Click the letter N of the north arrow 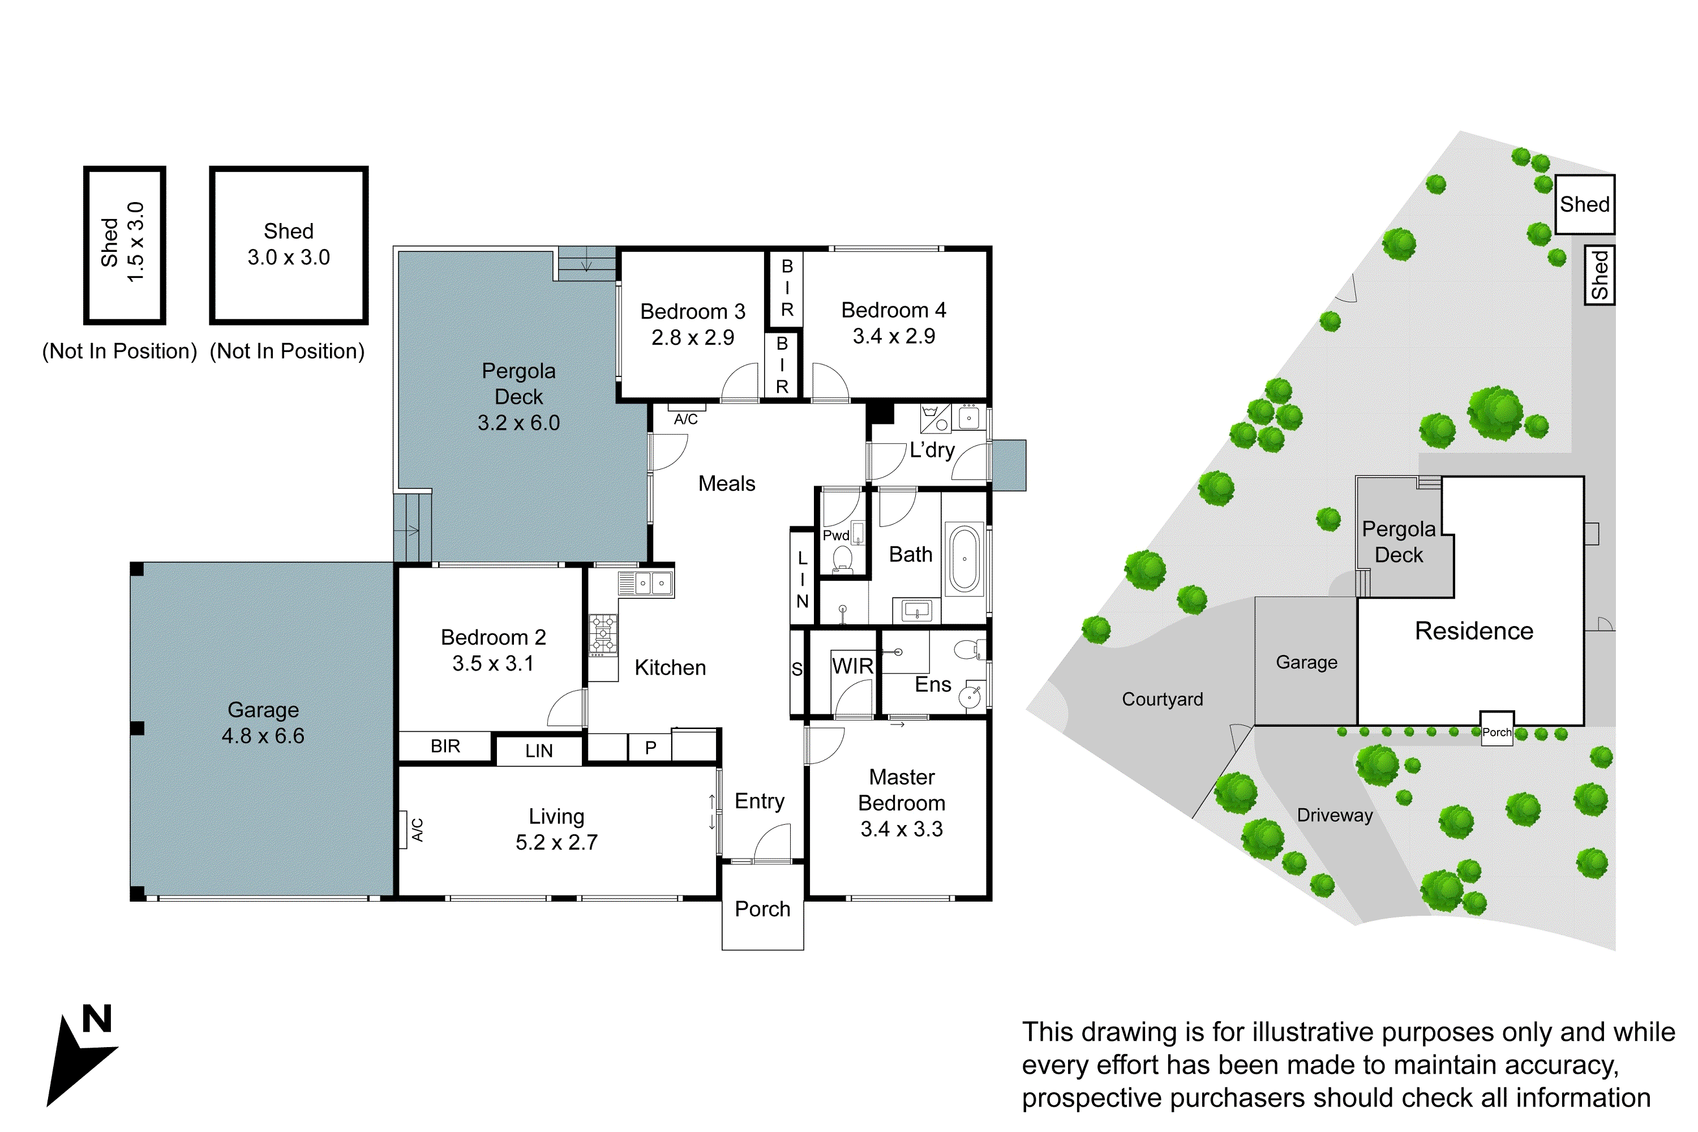(x=97, y=1019)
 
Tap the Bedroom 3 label (x=692, y=311)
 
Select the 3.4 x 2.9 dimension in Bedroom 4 (x=893, y=336)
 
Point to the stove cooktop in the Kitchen (x=603, y=634)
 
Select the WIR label (x=852, y=666)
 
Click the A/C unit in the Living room (x=403, y=829)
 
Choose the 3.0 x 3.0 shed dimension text (x=288, y=257)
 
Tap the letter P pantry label (x=650, y=748)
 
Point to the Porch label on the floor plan (x=762, y=909)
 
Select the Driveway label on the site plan (x=1334, y=815)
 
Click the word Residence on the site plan (x=1473, y=631)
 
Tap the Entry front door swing (x=773, y=843)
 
